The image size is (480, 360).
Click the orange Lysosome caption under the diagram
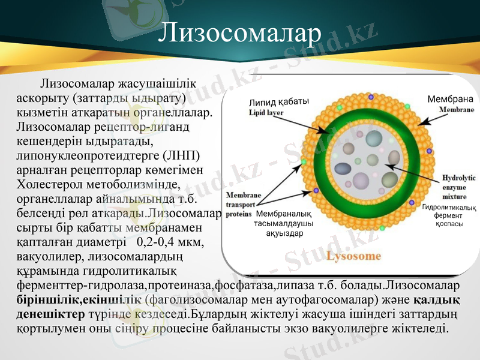click(353, 256)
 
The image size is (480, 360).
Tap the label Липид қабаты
click(278, 101)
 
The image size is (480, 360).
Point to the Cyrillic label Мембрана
click(450, 99)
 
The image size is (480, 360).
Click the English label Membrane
click(456, 110)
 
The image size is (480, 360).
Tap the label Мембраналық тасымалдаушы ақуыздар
click(284, 224)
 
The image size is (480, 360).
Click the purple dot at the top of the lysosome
click(371, 97)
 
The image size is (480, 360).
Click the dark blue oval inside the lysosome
click(343, 169)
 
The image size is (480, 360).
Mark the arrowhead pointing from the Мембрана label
click(418, 124)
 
